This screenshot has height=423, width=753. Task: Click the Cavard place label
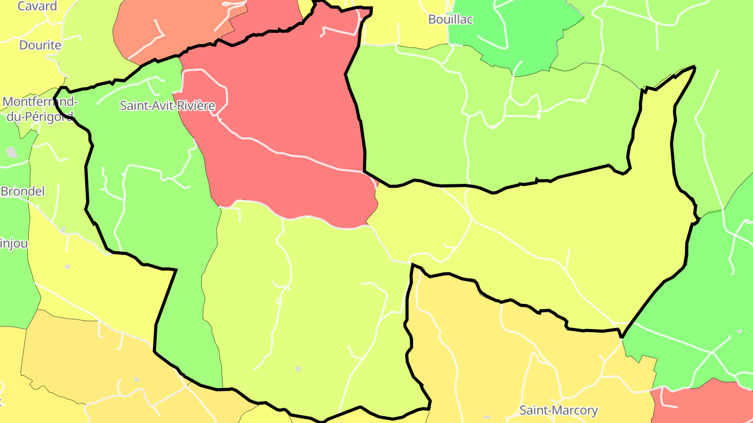click(37, 6)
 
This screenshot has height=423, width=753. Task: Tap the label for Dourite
click(40, 45)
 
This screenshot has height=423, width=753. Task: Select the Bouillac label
click(450, 19)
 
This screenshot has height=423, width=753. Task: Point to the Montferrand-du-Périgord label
click(40, 109)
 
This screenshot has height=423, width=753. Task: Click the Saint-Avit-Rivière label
click(167, 105)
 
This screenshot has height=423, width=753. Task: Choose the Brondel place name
click(22, 191)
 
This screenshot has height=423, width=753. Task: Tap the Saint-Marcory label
click(558, 410)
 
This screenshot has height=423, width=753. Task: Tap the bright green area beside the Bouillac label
click(502, 31)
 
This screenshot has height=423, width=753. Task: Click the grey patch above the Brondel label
click(12, 152)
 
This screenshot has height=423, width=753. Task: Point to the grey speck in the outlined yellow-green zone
click(298, 369)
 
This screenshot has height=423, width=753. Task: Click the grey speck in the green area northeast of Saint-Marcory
click(739, 331)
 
